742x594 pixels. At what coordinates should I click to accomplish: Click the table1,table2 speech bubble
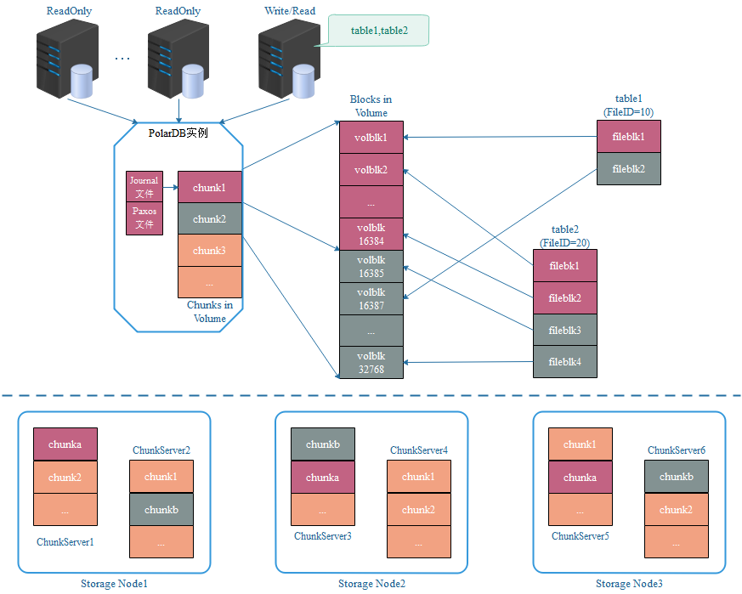(377, 31)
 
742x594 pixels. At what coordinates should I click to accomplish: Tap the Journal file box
(144, 187)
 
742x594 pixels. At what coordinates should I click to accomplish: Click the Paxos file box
(144, 218)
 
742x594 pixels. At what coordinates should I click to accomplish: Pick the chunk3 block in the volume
(209, 251)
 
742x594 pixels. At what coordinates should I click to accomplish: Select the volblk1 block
(371, 138)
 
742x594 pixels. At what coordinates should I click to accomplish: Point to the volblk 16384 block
(371, 234)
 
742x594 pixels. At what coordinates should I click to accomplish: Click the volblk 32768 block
(371, 362)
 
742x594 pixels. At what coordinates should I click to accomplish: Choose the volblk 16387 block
(371, 298)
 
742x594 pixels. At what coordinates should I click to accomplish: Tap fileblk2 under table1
(627, 169)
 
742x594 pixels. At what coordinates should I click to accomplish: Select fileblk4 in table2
(564, 362)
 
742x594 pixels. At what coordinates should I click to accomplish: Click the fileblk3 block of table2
(564, 330)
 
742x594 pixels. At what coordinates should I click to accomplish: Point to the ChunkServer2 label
(161, 450)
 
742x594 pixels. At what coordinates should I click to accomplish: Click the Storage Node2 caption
(371, 584)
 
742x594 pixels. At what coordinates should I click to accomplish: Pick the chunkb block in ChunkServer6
(676, 477)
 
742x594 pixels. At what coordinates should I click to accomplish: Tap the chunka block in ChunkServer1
(65, 444)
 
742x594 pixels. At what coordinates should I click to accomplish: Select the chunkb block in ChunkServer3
(322, 444)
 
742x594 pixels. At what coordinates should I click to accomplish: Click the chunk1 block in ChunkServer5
(580, 444)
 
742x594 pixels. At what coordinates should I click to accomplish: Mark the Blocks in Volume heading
(371, 106)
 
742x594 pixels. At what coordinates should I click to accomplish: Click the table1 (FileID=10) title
(628, 105)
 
